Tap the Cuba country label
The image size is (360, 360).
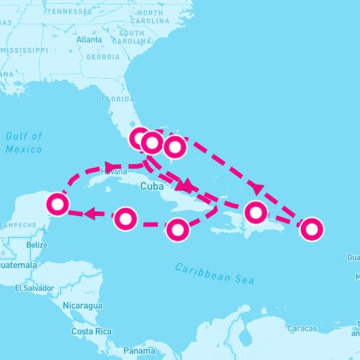(x=151, y=186)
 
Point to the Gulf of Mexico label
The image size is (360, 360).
(x=24, y=142)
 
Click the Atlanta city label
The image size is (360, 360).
(x=88, y=39)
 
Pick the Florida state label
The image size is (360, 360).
(x=118, y=98)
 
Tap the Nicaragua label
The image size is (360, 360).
(x=80, y=306)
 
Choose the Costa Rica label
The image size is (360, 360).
(x=91, y=331)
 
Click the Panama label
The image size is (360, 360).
(x=139, y=350)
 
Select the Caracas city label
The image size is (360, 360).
(x=302, y=328)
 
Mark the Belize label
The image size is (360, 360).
(x=36, y=245)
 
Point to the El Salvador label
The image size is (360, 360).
(x=33, y=288)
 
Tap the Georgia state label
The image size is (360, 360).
(x=103, y=57)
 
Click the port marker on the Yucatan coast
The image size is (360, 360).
(x=58, y=203)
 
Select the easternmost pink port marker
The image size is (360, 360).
(x=311, y=229)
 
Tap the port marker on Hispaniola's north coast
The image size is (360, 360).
(x=256, y=212)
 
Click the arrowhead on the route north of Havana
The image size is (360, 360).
(x=110, y=166)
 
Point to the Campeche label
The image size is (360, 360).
(x=16, y=225)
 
